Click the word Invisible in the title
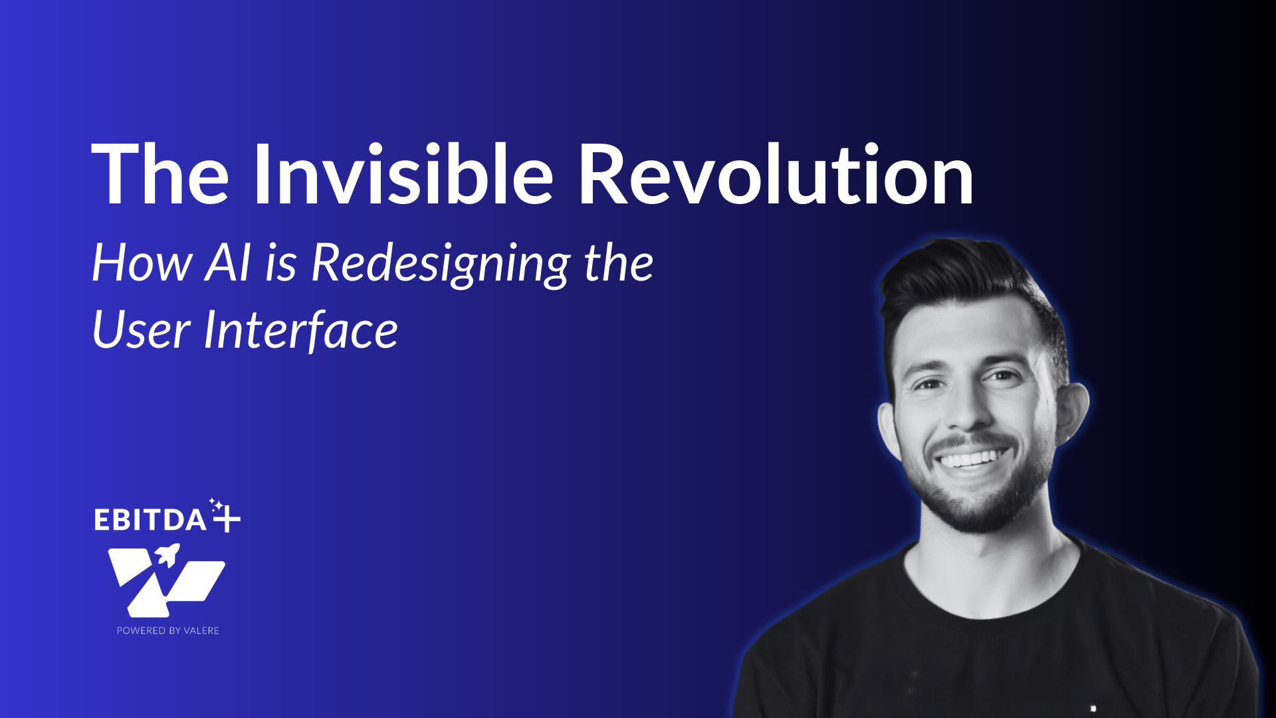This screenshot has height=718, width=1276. (403, 174)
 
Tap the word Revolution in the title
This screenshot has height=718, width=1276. (776, 174)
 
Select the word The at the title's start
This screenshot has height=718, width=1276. (160, 174)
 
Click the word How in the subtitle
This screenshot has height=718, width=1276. (142, 263)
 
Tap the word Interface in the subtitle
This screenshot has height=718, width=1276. (301, 328)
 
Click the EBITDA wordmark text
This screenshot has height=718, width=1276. (150, 520)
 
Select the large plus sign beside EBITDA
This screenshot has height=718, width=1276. (227, 519)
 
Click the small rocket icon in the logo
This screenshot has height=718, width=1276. (167, 554)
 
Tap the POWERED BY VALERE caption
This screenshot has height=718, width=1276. (168, 630)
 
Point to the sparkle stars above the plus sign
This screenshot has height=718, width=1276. (216, 505)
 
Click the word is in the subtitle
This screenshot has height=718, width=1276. (280, 263)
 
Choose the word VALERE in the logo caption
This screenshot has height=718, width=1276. (201, 630)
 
